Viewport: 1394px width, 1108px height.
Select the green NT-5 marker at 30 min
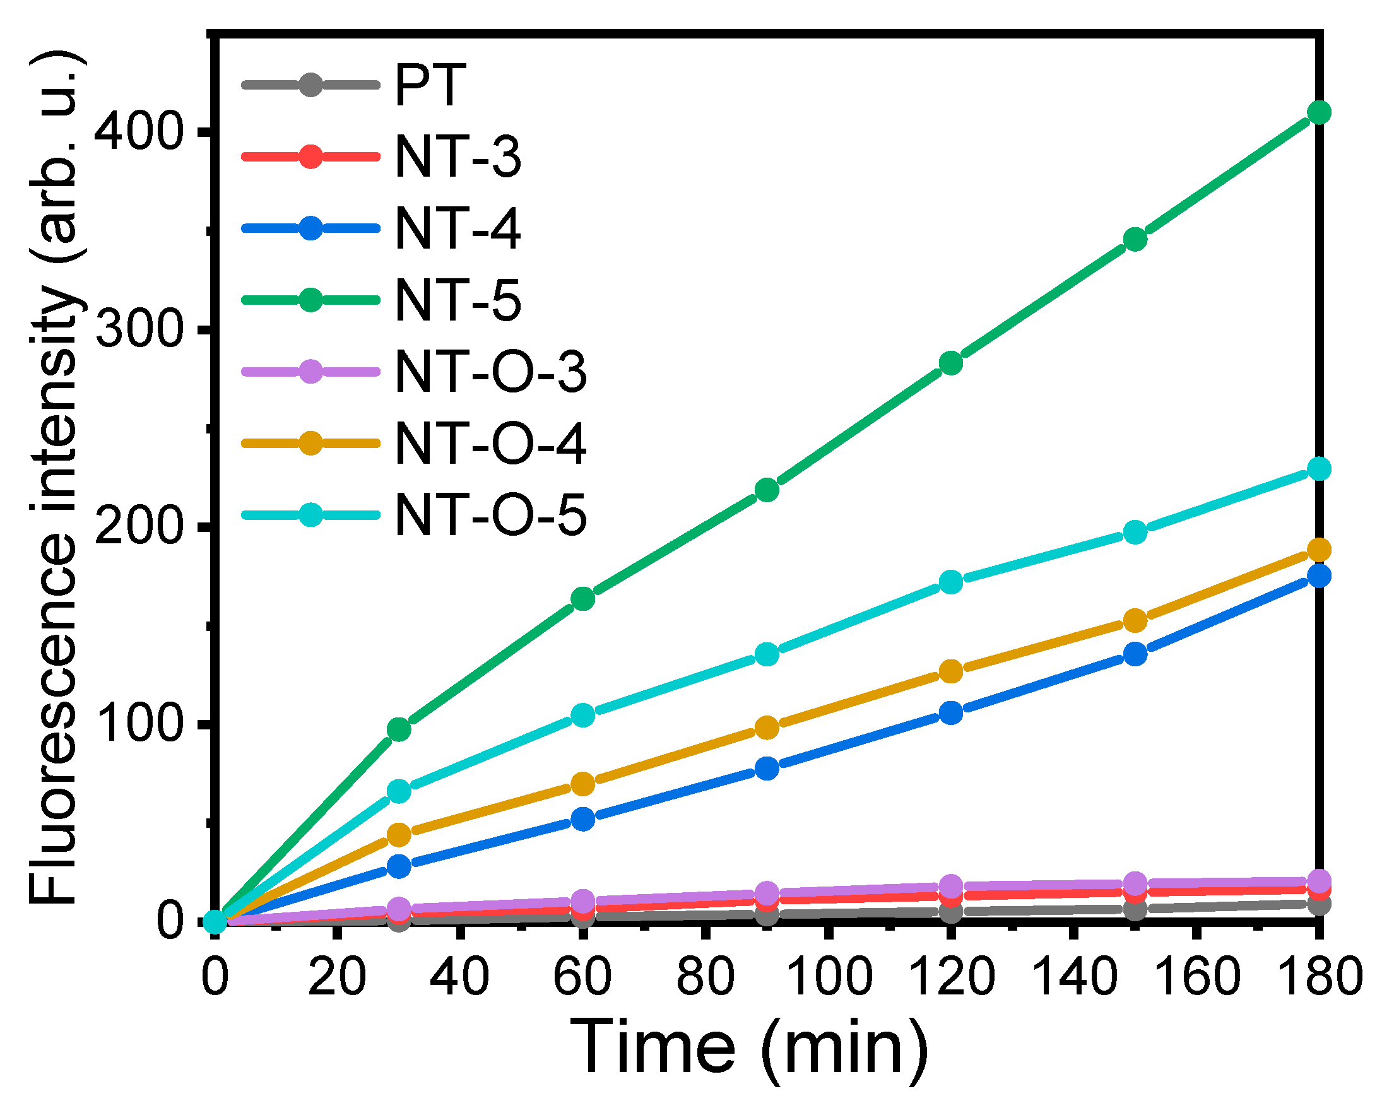point(399,729)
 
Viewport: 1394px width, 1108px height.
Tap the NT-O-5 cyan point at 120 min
point(951,582)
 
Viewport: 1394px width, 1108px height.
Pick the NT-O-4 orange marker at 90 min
point(767,728)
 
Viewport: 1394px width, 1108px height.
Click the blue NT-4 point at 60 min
point(583,819)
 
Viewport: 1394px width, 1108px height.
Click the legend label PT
point(430,85)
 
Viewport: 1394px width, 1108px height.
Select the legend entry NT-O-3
point(490,372)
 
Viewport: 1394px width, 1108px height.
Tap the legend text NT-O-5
point(490,516)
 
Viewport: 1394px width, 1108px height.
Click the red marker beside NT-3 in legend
point(311,156)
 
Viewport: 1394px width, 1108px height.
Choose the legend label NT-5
point(457,300)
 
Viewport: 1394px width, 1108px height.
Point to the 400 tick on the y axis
point(136,132)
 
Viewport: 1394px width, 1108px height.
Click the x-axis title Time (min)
point(748,1047)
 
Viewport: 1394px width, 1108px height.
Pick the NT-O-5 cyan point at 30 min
point(399,791)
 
